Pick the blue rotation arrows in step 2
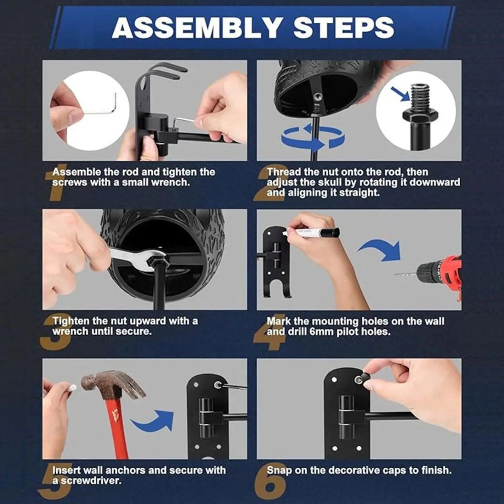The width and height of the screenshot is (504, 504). click(312, 138)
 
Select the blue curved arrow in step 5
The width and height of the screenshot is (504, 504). click(153, 420)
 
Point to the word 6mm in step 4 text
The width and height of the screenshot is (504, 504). click(321, 332)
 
